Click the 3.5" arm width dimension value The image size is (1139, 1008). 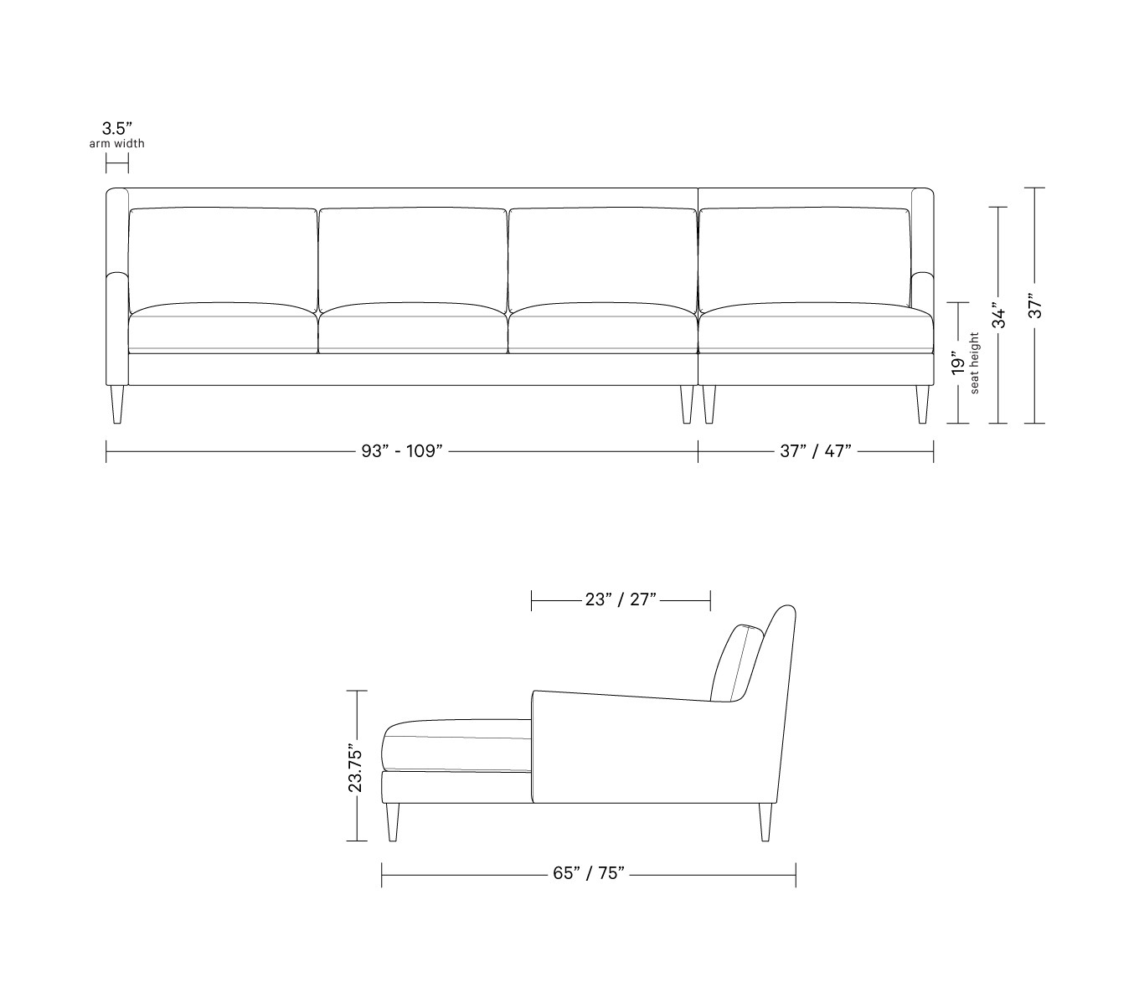pos(117,129)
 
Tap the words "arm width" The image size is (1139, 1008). pos(117,144)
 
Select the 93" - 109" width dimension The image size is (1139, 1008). pos(402,451)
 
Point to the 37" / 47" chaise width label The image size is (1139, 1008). pos(815,451)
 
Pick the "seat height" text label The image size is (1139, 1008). pos(974,363)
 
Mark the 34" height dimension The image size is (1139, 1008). pos(997,314)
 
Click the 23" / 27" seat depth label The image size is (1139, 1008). pos(621,599)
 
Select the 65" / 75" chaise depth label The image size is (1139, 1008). pos(589,874)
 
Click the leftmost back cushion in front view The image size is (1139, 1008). pos(223,255)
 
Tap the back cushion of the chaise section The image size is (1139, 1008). pos(804,255)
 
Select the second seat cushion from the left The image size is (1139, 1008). pos(413,327)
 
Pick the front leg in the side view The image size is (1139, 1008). pos(393,821)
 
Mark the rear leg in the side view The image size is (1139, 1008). pos(765,821)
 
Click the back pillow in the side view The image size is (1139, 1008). pos(737,663)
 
